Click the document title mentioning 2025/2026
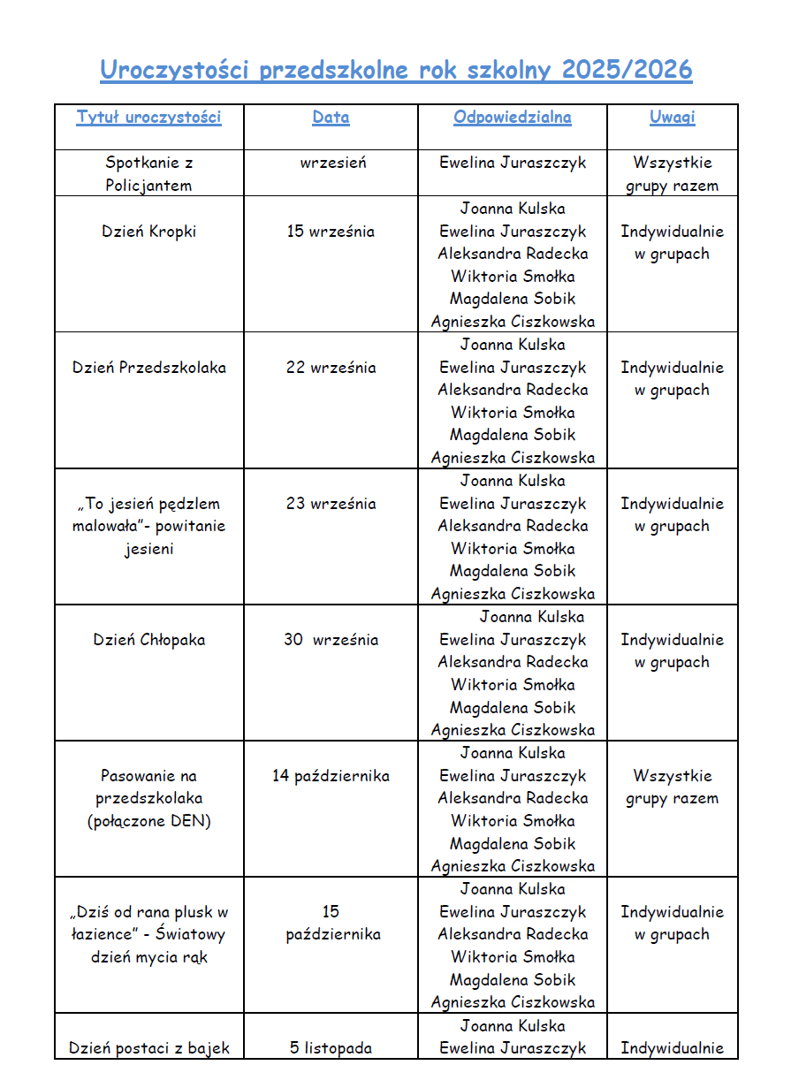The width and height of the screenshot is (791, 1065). (396, 70)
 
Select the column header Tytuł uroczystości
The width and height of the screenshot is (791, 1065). (148, 117)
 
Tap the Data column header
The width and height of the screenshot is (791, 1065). (331, 117)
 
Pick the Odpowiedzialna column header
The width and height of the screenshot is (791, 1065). (513, 117)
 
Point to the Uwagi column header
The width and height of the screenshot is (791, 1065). (672, 117)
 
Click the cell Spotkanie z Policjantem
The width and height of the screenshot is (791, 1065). (148, 174)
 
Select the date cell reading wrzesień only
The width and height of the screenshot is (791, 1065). (331, 163)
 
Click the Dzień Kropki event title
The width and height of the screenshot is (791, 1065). (148, 232)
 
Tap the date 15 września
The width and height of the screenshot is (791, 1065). (331, 232)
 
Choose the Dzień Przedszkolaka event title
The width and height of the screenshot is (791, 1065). (148, 368)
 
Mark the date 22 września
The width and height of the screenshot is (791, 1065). (331, 368)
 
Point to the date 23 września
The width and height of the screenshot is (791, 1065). (331, 504)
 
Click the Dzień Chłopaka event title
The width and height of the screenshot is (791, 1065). (148, 640)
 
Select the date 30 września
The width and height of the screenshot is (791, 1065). (331, 640)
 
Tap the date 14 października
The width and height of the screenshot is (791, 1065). (331, 776)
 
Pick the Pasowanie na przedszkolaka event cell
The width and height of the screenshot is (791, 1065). (148, 798)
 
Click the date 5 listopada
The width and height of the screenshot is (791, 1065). (331, 1048)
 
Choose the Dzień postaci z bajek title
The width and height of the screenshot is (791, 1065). (148, 1048)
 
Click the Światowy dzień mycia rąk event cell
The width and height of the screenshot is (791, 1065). (148, 934)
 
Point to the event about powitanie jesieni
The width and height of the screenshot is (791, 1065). (148, 526)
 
